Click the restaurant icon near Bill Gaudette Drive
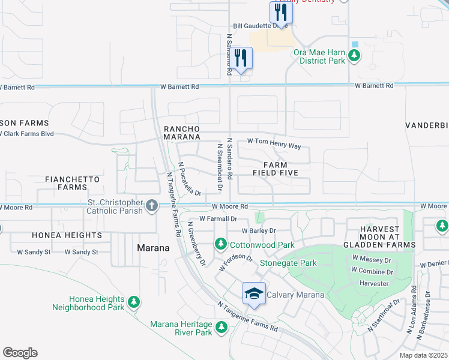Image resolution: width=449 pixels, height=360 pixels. click(x=281, y=13)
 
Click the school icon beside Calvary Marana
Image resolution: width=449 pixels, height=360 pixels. click(x=255, y=293)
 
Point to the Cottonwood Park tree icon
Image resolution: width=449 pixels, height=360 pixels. click(x=220, y=245)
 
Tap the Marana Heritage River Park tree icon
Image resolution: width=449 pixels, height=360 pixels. click(x=221, y=328)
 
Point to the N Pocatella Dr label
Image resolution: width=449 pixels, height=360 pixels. click(x=189, y=179)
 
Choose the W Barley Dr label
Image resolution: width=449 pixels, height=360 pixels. click(x=259, y=230)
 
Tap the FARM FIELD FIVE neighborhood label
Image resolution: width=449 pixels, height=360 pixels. click(x=274, y=169)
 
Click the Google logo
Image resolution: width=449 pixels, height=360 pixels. click(x=20, y=353)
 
